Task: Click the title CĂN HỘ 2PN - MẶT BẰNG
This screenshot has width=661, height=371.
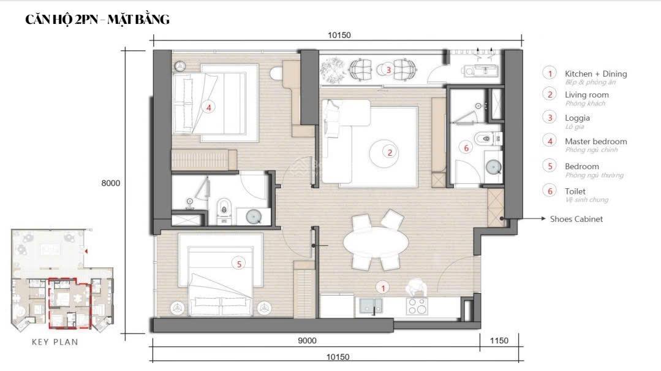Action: pos(97,20)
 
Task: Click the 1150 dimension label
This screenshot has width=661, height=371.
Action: pos(499,341)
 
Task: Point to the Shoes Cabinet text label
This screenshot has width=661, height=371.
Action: pos(576,219)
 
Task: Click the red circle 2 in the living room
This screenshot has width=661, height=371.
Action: pos(389,152)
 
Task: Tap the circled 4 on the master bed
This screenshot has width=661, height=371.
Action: pos(208,107)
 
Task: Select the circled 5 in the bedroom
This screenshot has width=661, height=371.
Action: pos(240,264)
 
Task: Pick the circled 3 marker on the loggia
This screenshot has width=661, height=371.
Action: pos(388,70)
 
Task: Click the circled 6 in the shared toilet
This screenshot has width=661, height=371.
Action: pos(466,148)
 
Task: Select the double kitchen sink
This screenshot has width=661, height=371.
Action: pos(372,305)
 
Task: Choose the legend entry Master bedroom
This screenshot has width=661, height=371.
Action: pos(595,142)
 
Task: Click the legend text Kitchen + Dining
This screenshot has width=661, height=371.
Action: pos(595,74)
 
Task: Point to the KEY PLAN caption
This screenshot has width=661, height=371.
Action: pos(55,342)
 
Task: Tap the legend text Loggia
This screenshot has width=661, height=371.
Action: pos(577,118)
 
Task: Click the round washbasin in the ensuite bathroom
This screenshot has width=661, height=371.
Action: pos(254,216)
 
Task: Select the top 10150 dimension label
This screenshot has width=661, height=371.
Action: pos(339,35)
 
